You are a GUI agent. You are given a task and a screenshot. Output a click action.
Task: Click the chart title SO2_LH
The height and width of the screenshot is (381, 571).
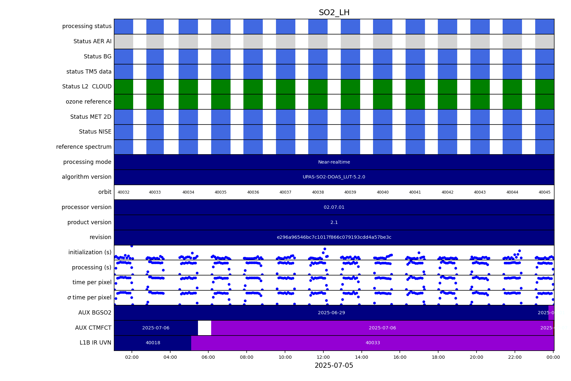click(x=334, y=13)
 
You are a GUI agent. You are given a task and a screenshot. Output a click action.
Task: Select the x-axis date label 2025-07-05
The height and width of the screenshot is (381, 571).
click(x=334, y=366)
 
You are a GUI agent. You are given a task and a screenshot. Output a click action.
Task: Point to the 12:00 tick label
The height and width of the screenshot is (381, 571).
click(x=323, y=357)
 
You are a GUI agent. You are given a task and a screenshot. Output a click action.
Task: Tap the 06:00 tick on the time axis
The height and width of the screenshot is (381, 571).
click(x=208, y=357)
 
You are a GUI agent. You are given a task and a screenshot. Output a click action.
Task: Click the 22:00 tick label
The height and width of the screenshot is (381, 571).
click(x=515, y=357)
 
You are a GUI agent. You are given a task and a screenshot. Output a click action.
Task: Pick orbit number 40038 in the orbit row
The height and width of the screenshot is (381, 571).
click(x=318, y=192)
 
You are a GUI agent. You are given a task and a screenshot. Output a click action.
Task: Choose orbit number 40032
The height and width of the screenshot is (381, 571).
click(x=123, y=192)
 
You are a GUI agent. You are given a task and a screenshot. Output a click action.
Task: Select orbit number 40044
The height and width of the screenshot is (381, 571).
click(x=512, y=192)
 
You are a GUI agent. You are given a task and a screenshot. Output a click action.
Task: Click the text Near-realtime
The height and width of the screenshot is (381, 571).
click(x=334, y=162)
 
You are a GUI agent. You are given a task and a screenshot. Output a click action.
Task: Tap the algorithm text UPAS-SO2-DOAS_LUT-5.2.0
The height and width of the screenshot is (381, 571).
click(x=334, y=177)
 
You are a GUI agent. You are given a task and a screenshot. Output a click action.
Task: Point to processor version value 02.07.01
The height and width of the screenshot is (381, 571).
click(x=334, y=207)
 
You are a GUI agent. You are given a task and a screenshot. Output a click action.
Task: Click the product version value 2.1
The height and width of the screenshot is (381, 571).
click(x=334, y=222)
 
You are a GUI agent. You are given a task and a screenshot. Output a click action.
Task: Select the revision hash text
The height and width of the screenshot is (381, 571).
click(x=334, y=237)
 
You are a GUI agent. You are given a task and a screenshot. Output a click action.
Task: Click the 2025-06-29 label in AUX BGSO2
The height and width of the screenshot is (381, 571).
click(x=331, y=313)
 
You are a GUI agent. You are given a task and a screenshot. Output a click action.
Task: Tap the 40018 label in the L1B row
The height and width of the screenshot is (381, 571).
click(x=153, y=343)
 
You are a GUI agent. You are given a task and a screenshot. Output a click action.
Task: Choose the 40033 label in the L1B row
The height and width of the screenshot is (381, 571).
click(x=373, y=343)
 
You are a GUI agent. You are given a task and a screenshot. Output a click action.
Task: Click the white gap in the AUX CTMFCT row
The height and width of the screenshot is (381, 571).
click(x=204, y=328)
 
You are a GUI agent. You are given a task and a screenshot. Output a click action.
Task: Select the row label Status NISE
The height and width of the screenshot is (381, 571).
click(x=95, y=132)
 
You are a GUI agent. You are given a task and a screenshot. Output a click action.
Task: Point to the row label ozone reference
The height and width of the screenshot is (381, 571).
click(x=89, y=102)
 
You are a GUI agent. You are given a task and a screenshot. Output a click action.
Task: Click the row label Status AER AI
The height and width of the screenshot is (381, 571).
click(x=93, y=41)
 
